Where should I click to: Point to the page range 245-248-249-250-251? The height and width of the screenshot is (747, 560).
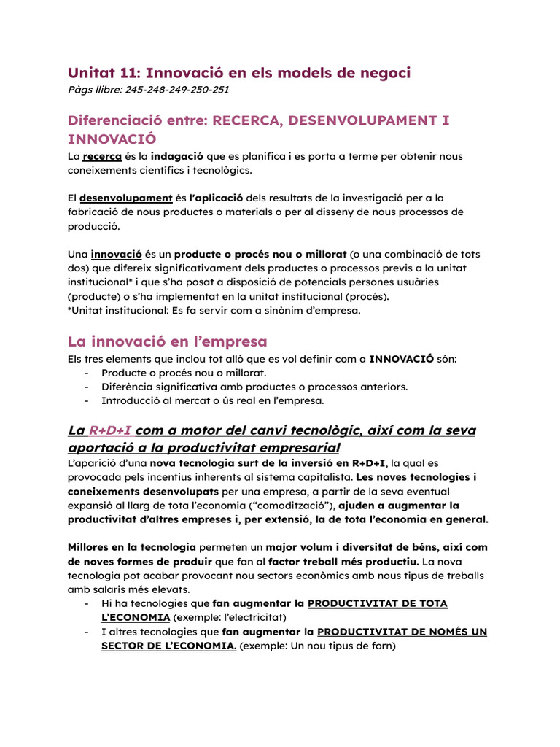177,90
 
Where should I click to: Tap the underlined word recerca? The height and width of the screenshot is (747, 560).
102,156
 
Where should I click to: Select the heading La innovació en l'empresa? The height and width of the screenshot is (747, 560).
167,341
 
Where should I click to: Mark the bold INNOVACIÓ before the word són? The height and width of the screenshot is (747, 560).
401,359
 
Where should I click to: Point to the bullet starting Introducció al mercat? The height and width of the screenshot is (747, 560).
212,400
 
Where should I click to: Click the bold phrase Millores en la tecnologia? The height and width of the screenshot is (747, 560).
131,547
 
